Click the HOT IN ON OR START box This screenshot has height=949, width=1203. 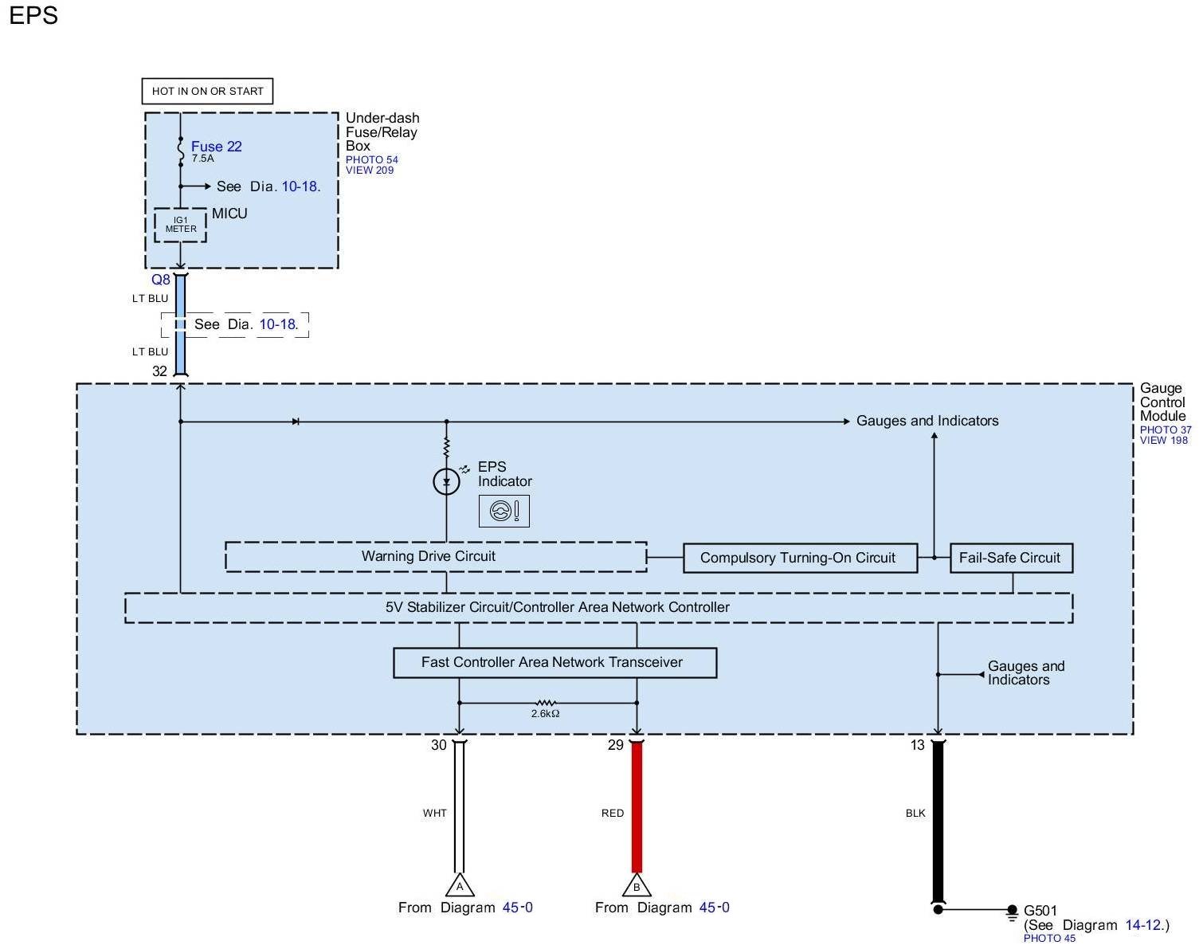click(x=207, y=91)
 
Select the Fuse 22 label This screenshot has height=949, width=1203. click(x=217, y=147)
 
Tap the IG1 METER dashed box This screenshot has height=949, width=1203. click(x=181, y=225)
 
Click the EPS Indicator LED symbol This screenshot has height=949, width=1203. click(x=446, y=481)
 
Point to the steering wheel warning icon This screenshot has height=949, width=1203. click(x=504, y=511)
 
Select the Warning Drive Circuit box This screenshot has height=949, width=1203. click(x=436, y=556)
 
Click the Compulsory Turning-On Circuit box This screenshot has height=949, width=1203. click(x=800, y=558)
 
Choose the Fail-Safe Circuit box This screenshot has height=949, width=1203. click(x=1011, y=558)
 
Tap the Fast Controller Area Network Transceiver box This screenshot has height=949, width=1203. click(x=555, y=663)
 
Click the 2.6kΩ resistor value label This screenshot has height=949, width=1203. click(x=545, y=714)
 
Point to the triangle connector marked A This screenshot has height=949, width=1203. click(x=460, y=885)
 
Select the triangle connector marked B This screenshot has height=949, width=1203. click(x=637, y=885)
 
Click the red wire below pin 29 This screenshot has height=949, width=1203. click(x=637, y=807)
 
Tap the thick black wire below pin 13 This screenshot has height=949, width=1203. click(x=938, y=822)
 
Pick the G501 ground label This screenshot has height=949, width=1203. click(x=1040, y=911)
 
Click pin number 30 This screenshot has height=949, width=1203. click(x=439, y=745)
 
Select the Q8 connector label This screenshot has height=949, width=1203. click(x=160, y=280)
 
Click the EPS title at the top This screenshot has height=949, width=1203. click(x=33, y=15)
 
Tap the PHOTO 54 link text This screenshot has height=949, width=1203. click(x=372, y=160)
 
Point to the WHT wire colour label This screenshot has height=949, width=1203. click(x=434, y=813)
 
